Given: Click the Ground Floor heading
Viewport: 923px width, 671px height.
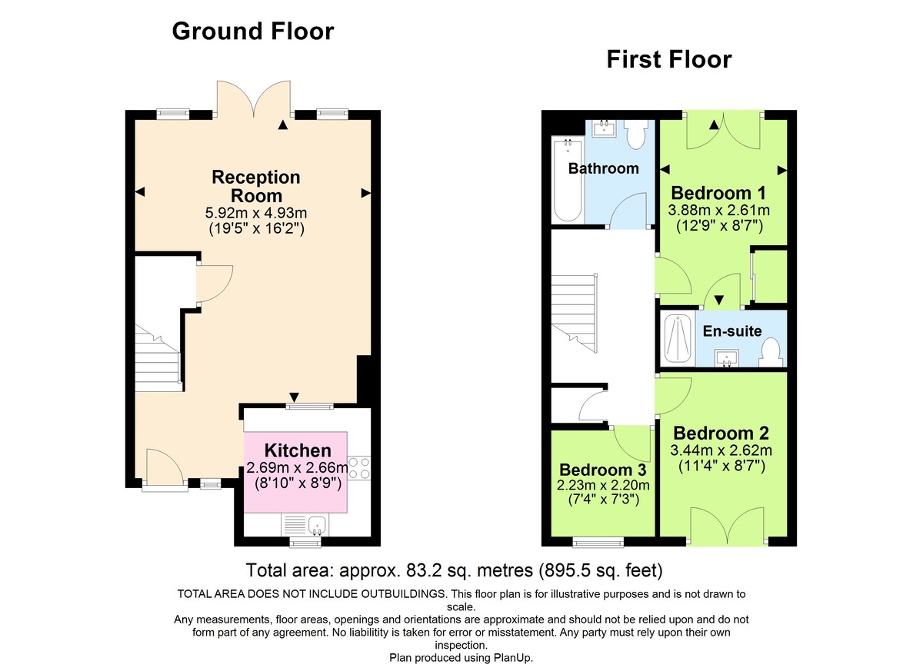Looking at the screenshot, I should click(252, 31).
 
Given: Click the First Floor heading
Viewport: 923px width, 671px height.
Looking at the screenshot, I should click(668, 58).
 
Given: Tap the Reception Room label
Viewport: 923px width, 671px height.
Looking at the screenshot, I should click(256, 187).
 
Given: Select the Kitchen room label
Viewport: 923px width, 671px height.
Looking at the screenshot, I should click(298, 451).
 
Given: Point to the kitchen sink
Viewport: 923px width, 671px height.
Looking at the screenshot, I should click(318, 525).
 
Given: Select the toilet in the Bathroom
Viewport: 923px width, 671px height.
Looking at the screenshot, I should click(636, 135).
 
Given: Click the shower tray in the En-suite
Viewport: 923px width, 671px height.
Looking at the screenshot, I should click(677, 338).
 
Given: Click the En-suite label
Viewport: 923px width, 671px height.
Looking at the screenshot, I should click(732, 331).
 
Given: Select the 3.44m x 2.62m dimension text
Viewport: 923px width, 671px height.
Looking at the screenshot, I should click(721, 450).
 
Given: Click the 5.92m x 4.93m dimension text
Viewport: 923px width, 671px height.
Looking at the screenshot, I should click(256, 213).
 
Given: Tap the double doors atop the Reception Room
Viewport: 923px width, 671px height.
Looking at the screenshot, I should click(253, 99).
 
